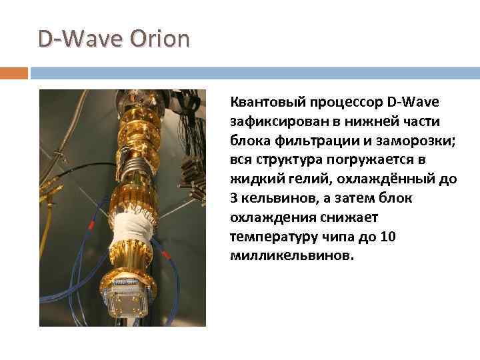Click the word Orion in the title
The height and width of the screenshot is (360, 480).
160,39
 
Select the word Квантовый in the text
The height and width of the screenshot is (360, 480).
263,102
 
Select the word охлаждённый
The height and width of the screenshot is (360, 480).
385,179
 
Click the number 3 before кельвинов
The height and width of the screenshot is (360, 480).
233,199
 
